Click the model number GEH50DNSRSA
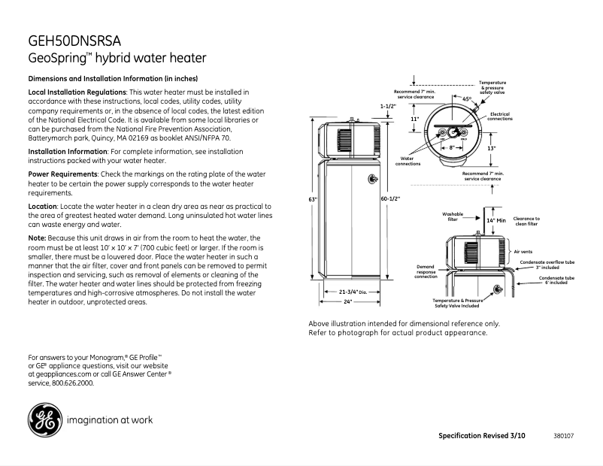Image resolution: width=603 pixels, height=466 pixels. (74, 41)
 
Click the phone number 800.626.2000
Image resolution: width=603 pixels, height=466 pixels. (73, 383)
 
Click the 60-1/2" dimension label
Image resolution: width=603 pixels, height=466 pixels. (390, 199)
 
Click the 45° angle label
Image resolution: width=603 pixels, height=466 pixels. (467, 99)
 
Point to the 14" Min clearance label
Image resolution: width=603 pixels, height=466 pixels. (495, 220)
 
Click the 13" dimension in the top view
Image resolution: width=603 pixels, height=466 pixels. (491, 148)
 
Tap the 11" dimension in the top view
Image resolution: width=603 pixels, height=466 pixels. (414, 119)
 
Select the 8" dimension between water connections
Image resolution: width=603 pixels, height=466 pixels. (452, 148)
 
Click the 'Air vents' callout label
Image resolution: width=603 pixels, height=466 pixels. (523, 251)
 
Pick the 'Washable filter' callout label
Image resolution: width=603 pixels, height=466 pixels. (453, 216)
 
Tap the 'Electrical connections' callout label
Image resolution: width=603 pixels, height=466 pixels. (499, 116)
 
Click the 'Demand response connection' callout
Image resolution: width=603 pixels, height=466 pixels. (426, 271)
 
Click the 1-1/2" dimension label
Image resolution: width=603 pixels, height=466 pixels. (388, 106)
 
